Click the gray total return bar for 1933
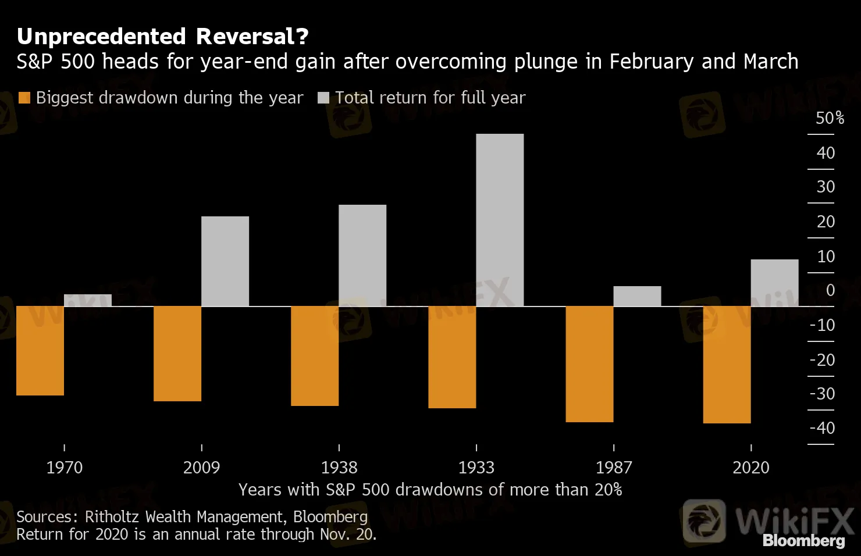tap(500, 220)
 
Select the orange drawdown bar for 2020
tap(727, 365)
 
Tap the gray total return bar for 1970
tap(88, 300)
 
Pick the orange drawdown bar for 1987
tap(589, 364)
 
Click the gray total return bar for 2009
tap(225, 261)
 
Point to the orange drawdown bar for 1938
tap(315, 356)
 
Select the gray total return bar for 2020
tap(774, 283)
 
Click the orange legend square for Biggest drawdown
tap(24, 98)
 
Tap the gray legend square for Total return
tap(323, 98)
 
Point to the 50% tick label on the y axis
tap(830, 118)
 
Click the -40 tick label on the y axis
tap(822, 428)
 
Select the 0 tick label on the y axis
tap(830, 290)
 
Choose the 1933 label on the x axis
tap(476, 468)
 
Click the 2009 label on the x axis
tap(201, 468)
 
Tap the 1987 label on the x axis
tap(613, 468)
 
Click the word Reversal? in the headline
tap(252, 37)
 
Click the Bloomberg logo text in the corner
tap(803, 540)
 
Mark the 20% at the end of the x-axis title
tap(609, 490)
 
